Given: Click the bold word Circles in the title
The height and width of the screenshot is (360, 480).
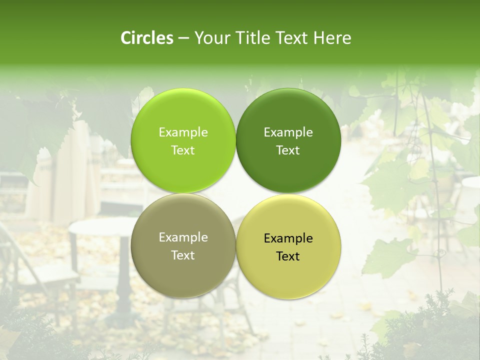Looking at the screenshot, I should click(x=147, y=38).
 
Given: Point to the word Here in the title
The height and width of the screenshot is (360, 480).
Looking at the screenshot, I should click(x=332, y=38).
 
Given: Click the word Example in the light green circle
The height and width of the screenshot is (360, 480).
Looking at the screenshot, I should click(x=183, y=132).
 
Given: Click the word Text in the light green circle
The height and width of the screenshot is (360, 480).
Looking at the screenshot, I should click(x=183, y=150).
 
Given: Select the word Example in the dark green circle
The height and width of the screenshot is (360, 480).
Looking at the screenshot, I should click(x=288, y=132).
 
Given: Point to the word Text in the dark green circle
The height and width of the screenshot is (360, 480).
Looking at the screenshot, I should click(x=288, y=150).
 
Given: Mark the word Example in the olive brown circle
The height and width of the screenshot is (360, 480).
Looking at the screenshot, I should click(x=183, y=237).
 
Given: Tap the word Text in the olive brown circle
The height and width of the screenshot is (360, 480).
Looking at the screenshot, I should click(x=183, y=255).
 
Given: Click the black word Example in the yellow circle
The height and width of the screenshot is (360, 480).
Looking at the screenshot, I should click(x=288, y=238).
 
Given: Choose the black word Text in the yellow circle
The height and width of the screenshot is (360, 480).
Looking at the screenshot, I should click(x=288, y=256).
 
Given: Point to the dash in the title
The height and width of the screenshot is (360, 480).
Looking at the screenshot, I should click(x=183, y=38).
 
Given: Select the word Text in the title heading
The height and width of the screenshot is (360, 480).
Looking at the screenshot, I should click(x=292, y=38).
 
